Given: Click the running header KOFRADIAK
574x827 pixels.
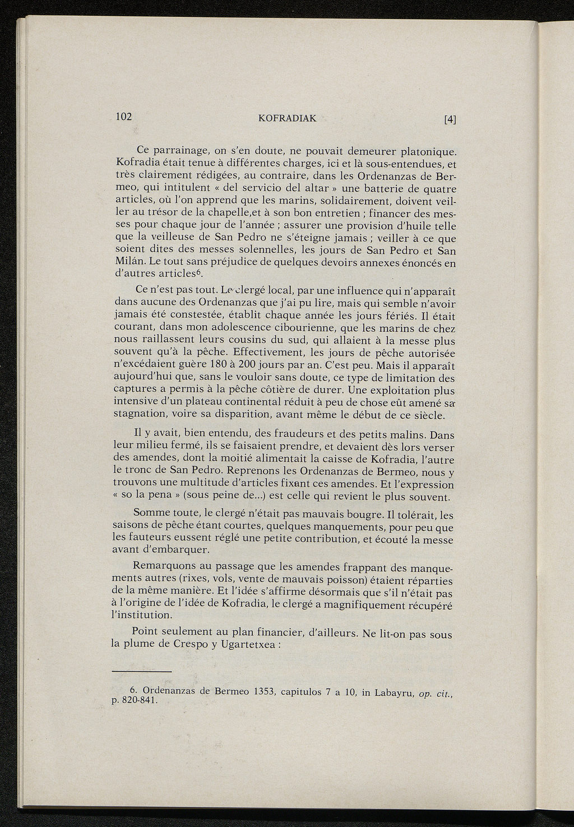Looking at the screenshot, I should [288, 118].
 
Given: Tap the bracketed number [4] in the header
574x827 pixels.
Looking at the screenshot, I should [450, 119].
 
